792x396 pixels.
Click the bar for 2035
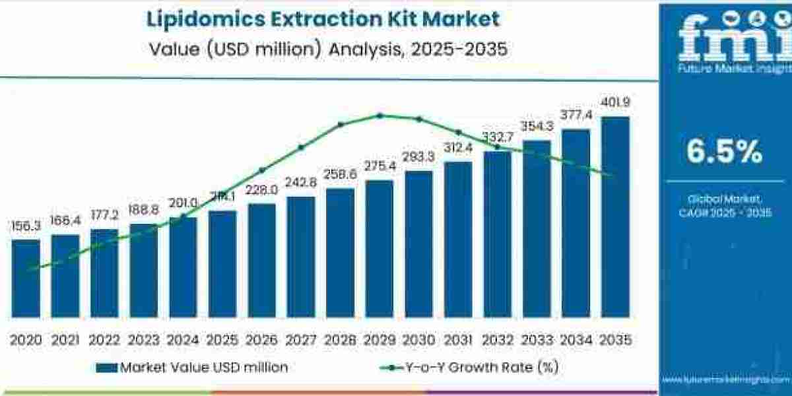[615, 218]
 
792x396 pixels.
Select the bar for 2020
[26, 277]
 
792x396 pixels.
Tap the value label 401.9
[615, 103]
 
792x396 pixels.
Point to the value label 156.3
[26, 226]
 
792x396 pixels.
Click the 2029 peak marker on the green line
[379, 115]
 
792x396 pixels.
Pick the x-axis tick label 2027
[301, 340]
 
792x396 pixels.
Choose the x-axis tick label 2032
[497, 340]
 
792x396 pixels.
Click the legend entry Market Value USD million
[192, 368]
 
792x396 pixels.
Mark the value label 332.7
[497, 137]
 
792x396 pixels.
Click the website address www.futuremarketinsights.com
[726, 380]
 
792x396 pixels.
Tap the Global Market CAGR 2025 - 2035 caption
[724, 205]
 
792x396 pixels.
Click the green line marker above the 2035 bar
[612, 174]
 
